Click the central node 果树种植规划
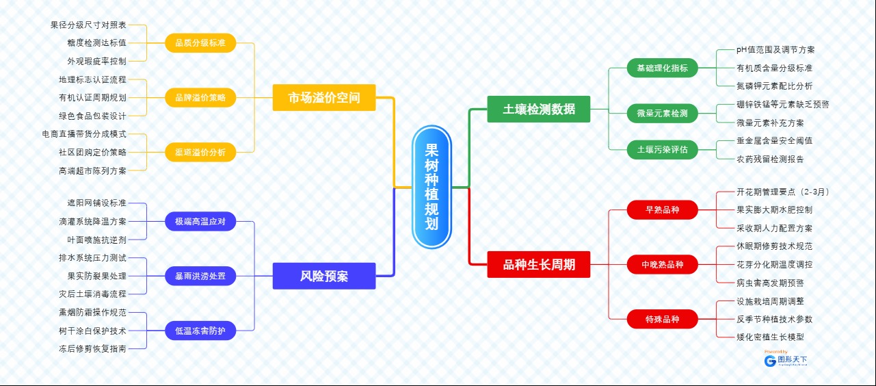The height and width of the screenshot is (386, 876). [x=432, y=187]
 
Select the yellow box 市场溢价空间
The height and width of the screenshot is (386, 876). [x=324, y=97]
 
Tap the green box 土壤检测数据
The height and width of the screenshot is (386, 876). [x=539, y=109]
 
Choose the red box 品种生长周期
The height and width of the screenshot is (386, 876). [x=539, y=264]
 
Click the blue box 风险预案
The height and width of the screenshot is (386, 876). [x=324, y=276]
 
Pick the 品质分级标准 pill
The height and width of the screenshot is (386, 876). [x=200, y=43]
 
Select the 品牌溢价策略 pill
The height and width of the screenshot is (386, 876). [x=200, y=98]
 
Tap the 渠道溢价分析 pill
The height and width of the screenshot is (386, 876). [x=200, y=152]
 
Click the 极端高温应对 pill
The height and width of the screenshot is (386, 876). [x=200, y=221]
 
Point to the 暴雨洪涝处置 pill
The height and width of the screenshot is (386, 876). [x=200, y=276]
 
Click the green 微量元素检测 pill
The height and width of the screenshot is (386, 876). [x=662, y=113]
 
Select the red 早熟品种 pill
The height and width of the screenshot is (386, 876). [x=662, y=209]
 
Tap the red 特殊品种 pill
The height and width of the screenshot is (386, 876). [x=662, y=319]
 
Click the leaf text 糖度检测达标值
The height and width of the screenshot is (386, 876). [x=96, y=43]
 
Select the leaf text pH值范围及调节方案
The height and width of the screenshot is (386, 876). [x=775, y=50]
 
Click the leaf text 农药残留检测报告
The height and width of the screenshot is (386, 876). [x=770, y=159]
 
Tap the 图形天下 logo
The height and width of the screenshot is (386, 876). [x=786, y=360]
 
